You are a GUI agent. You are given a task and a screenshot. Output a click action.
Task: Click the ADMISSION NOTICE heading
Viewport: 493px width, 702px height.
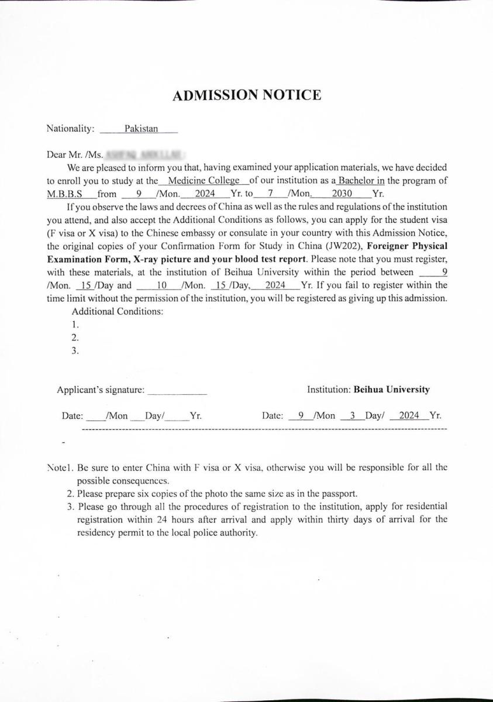click(246, 95)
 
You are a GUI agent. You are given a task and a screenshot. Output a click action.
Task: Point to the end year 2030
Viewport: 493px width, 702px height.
click(342, 194)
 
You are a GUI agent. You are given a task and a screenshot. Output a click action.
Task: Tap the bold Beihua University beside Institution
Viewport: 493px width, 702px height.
click(391, 389)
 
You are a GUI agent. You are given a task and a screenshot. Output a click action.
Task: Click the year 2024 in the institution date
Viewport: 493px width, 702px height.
click(409, 416)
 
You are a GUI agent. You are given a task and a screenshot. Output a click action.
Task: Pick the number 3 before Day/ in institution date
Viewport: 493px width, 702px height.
click(352, 416)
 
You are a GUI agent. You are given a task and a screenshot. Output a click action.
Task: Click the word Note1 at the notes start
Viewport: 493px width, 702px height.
click(59, 467)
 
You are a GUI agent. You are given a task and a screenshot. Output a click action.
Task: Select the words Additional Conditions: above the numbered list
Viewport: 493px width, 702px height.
click(117, 311)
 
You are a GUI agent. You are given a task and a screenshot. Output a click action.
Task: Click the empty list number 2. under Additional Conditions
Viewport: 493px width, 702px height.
click(75, 338)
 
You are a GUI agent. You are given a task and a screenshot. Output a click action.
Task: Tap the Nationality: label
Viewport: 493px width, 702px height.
click(70, 129)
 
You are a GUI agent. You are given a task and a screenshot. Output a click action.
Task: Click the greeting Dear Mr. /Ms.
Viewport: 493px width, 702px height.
click(75, 155)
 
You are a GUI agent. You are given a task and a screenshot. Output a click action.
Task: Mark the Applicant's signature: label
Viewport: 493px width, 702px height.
click(100, 390)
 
